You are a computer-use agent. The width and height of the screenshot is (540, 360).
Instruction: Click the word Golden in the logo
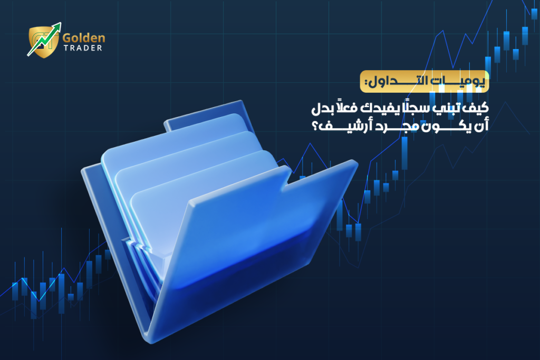(84, 38)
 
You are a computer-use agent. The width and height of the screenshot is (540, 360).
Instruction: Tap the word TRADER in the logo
(83, 48)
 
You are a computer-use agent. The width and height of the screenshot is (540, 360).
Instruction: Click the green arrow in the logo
(44, 39)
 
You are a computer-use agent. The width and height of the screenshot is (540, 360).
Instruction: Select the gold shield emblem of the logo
(43, 42)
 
